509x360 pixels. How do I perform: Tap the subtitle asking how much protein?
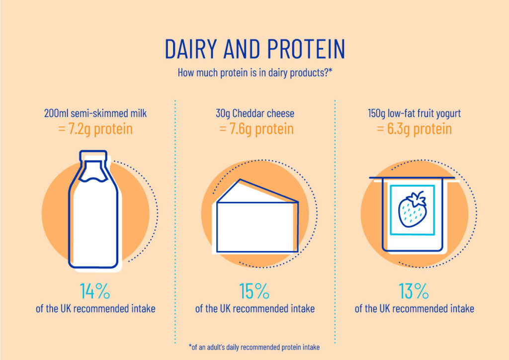(254, 73)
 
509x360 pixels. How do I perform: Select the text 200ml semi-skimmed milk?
(95, 113)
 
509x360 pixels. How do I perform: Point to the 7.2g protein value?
(95, 129)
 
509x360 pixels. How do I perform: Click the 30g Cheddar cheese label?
(254, 113)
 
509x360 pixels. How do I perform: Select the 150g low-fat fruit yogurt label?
(414, 113)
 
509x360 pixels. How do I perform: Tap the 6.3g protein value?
(414, 129)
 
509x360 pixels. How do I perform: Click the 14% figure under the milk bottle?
(95, 291)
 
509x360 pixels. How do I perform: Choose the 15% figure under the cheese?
(254, 291)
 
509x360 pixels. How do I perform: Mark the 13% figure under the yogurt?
(414, 291)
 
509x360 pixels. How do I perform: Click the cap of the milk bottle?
(92, 155)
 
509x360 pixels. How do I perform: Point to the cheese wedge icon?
(256, 219)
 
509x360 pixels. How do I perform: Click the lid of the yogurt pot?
(412, 178)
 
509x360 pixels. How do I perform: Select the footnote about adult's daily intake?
(254, 347)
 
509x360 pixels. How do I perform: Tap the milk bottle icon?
(93, 214)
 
